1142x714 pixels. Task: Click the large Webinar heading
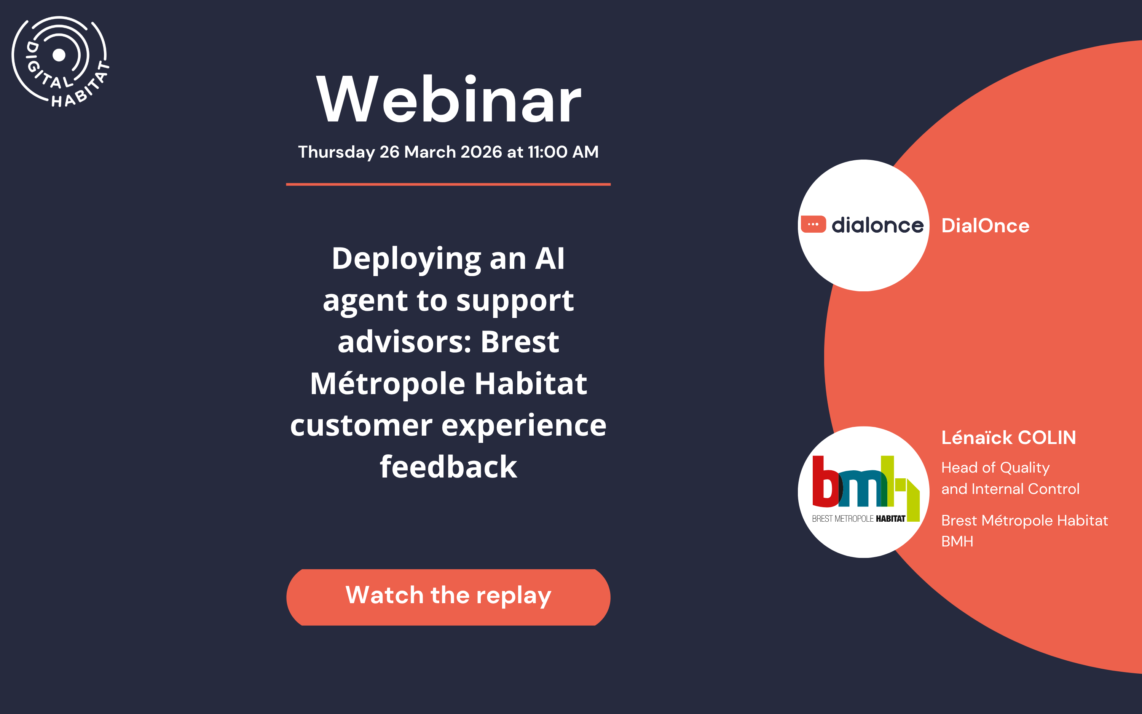[x=448, y=100]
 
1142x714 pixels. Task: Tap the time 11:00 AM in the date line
[x=563, y=152]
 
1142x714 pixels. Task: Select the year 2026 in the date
[x=481, y=152]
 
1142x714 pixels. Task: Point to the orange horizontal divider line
[x=448, y=184]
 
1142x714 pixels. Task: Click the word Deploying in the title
[x=406, y=259]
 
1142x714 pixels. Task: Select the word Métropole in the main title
[x=388, y=383]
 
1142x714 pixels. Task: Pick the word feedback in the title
[x=448, y=467]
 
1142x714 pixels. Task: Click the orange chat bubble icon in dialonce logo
[x=813, y=224]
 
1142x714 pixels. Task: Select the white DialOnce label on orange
[x=985, y=226]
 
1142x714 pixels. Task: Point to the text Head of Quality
[x=995, y=468]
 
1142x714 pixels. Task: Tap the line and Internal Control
[x=1010, y=489]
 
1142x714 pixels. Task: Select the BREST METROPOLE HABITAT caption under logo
[x=858, y=519]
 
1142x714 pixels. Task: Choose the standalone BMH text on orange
[x=957, y=541]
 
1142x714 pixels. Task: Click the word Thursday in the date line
[x=336, y=152]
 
